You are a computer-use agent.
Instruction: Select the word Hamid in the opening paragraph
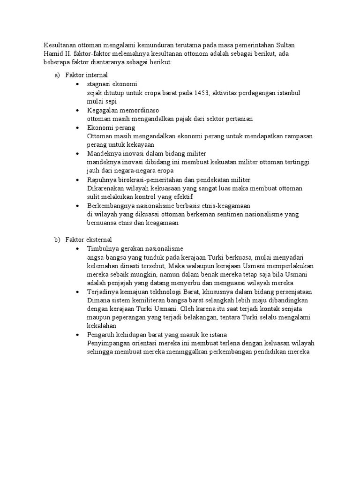tap(53, 54)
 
